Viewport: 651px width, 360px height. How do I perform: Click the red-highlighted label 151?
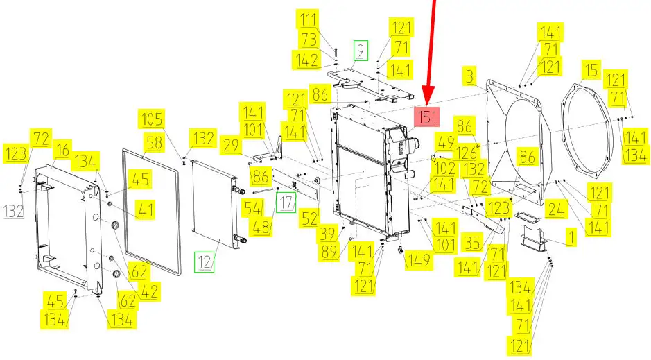point(427,117)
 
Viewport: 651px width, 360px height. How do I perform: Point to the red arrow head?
point(428,94)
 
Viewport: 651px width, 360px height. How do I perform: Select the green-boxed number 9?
point(361,50)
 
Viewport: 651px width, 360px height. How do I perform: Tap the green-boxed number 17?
point(286,203)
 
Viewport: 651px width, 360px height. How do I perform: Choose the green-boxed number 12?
point(205,262)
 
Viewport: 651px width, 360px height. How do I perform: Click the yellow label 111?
point(308,19)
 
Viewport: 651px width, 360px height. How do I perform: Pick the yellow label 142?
point(307,60)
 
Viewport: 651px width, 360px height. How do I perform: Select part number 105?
point(152,119)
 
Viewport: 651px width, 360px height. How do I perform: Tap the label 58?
point(155,143)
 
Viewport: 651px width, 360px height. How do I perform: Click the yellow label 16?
point(62,150)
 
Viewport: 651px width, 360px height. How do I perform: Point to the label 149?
point(419,260)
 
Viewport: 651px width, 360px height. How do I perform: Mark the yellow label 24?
point(556,209)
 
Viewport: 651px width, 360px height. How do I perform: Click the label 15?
point(591,71)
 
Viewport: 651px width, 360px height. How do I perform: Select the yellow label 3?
point(469,77)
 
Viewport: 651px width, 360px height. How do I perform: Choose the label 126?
point(466,153)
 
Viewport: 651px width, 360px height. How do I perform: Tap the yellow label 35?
point(473,243)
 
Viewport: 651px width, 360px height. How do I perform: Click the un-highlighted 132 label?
point(14,212)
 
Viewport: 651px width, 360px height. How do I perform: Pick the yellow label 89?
point(329,252)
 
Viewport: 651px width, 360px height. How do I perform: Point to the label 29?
point(230,146)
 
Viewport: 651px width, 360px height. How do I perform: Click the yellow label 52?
point(310,218)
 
